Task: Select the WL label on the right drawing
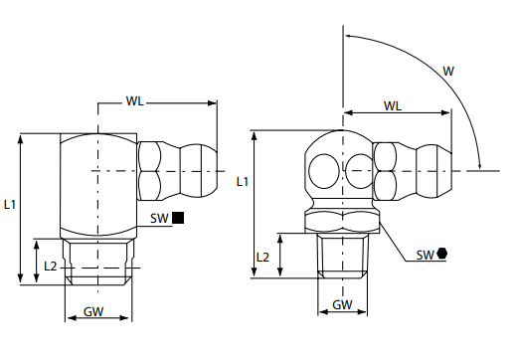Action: point(394,104)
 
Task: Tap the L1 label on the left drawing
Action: point(9,204)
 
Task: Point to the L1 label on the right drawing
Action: point(242,181)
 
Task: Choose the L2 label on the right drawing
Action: point(263,256)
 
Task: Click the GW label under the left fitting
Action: point(94,311)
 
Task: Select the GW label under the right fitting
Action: point(342,304)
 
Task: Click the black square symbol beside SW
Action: point(178,218)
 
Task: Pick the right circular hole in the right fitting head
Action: point(359,170)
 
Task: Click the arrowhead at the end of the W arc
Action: point(480,164)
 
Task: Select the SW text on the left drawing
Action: point(157,218)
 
